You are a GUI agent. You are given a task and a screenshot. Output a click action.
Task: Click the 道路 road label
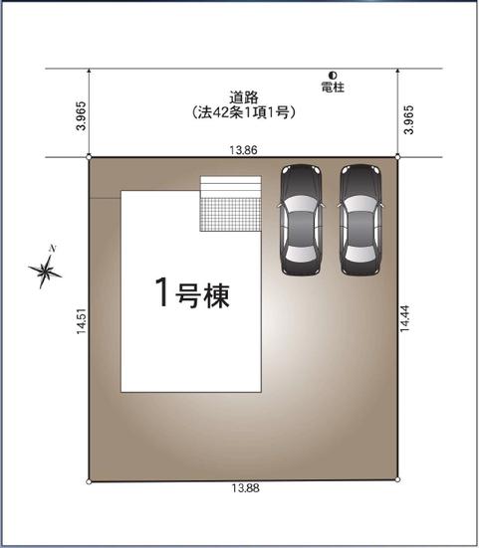244,97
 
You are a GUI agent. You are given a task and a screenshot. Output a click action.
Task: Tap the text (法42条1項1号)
244,113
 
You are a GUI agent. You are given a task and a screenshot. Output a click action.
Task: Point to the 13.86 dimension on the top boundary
243,149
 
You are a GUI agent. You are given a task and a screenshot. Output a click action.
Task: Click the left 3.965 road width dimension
80,116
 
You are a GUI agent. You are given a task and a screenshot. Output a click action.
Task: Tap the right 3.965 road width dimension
408,116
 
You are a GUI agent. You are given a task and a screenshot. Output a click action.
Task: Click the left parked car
302,219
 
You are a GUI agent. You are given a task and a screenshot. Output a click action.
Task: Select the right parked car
360,219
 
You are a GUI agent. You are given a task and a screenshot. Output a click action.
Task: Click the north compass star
46,269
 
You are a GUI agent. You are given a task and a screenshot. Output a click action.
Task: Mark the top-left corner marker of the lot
90,157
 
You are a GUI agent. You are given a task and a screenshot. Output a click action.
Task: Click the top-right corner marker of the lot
397,157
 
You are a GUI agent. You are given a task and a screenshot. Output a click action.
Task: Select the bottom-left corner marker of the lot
90,481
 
